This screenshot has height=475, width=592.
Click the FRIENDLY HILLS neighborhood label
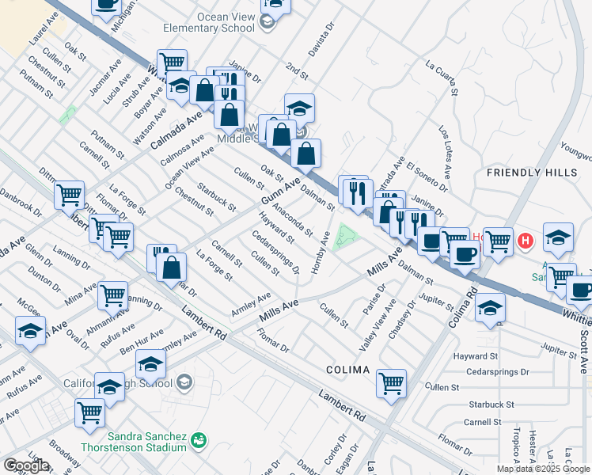coord(538,172)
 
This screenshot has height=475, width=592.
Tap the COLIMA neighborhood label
coord(347,370)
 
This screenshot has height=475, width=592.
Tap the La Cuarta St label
coord(442,78)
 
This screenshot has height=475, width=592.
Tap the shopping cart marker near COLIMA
coord(392,383)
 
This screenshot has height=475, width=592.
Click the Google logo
coord(27,465)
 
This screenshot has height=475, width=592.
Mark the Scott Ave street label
coord(583,348)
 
